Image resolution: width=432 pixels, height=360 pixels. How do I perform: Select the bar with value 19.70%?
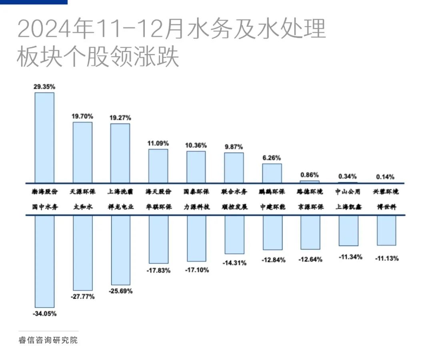pyautogui.click(x=82, y=153)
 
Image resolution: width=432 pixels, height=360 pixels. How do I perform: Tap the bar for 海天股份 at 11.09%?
pyautogui.click(x=158, y=166)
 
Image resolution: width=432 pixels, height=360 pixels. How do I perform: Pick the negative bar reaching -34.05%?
pyautogui.click(x=44, y=261)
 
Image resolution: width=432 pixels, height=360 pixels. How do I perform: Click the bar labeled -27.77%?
pyautogui.click(x=82, y=253)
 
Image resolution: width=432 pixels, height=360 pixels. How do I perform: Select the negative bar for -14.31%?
pyautogui.click(x=234, y=235)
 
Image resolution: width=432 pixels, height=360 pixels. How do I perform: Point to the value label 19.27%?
pyautogui.click(x=120, y=118)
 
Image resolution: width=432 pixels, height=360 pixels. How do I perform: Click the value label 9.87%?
pyautogui.click(x=234, y=147)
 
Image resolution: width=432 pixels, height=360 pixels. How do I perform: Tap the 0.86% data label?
pyautogui.click(x=310, y=175)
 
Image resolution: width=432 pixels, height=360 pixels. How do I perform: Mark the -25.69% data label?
pyautogui.click(x=120, y=291)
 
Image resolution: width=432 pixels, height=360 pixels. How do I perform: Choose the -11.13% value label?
pyautogui.click(x=387, y=259)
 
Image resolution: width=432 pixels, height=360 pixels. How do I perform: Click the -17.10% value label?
pyautogui.click(x=197, y=270)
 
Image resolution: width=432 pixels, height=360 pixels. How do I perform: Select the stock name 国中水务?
pyautogui.click(x=44, y=207)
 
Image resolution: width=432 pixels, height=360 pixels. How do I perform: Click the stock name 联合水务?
pyautogui.click(x=234, y=192)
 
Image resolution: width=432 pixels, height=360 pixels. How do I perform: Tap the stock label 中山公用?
pyautogui.click(x=348, y=192)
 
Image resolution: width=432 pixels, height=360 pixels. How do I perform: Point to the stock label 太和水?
pyautogui.click(x=82, y=207)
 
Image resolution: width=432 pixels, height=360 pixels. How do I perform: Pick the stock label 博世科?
pyautogui.click(x=386, y=207)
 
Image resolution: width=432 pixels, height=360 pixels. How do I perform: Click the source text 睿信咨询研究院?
pyautogui.click(x=48, y=341)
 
